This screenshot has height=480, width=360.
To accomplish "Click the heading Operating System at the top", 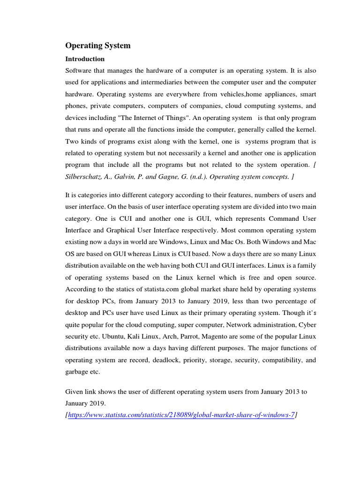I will pos(97,46).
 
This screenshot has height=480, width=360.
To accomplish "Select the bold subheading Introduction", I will pos(85,59).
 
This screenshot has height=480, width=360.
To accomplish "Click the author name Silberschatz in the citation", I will pos(84,177).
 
